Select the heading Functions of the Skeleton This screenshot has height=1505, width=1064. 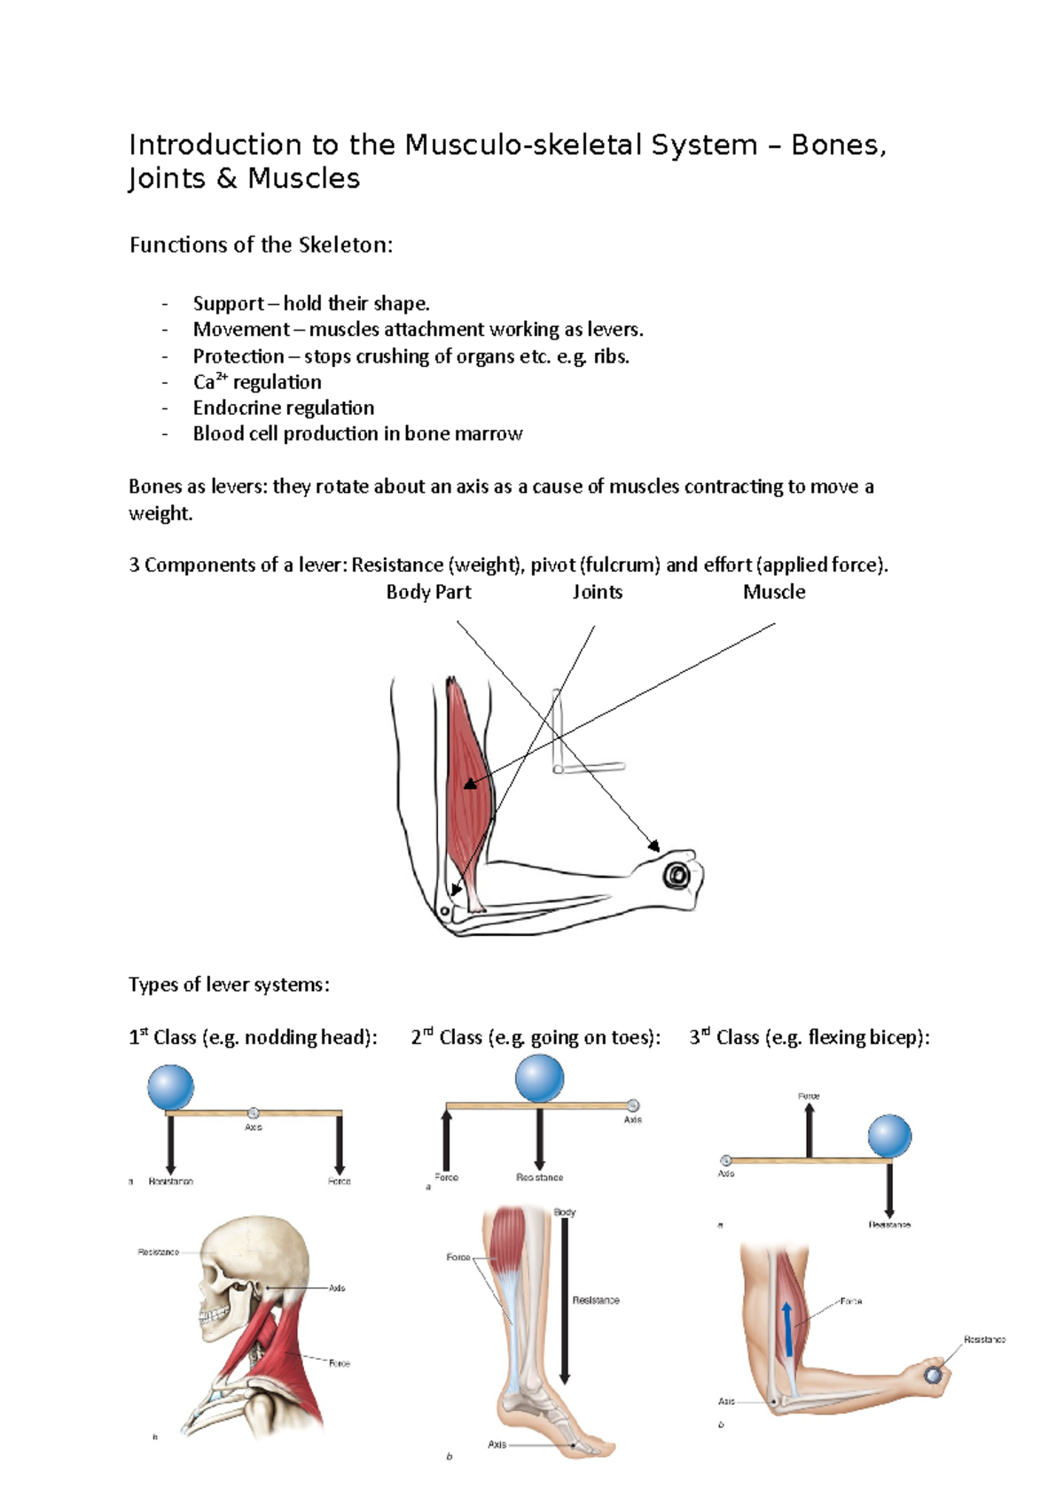pos(261,246)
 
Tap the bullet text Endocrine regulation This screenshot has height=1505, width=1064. pos(283,408)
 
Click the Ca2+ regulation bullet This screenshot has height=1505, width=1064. pos(257,382)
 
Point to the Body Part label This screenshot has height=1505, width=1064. pos(428,592)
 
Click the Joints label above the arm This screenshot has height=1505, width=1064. pos(597,592)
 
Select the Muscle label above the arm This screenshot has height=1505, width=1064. pos(774,592)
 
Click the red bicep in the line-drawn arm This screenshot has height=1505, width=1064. pos(467,780)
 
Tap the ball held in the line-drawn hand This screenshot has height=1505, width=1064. pos(677,877)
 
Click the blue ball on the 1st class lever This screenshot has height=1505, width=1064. pos(170,1088)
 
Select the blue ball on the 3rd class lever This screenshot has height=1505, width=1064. pos(889,1136)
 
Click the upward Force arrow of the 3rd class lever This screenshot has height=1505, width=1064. pos(809,1130)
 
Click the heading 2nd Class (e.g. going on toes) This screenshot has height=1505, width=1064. pos(536,1038)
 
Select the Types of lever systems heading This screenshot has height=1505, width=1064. pos(229,985)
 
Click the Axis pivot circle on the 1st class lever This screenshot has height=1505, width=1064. pos(253,1112)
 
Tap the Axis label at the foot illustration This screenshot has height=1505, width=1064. pos(497,1444)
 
